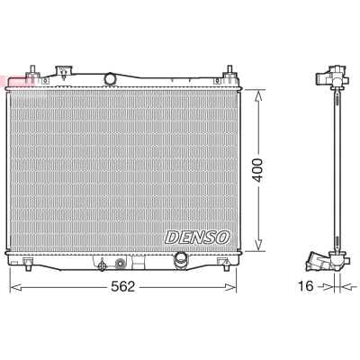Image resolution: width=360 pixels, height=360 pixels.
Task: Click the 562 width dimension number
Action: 123,287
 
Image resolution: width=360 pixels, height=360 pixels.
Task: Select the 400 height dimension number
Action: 257,170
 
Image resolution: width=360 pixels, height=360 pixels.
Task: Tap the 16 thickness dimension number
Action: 305,286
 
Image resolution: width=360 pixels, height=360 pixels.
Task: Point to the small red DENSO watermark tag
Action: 17,80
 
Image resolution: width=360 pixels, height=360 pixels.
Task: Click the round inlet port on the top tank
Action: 110,78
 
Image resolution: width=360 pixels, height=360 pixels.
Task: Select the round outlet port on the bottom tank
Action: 181,258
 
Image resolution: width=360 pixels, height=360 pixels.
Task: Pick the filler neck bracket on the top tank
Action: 64,72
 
